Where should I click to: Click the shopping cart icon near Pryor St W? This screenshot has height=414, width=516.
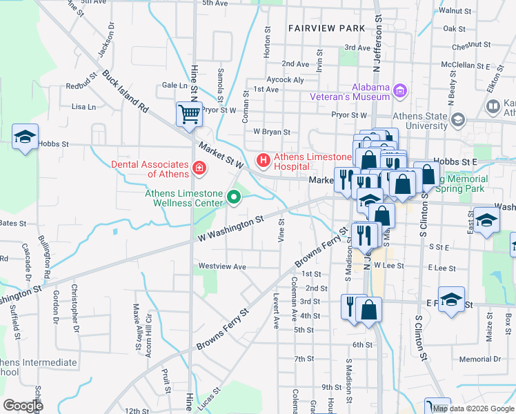[x=189, y=114]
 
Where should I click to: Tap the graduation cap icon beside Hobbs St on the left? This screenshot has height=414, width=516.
[x=25, y=137]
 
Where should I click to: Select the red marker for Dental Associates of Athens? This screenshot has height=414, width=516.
[x=199, y=168]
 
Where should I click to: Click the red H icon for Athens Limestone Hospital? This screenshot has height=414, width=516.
[x=263, y=161]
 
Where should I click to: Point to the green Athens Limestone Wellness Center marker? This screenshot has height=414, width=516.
[x=234, y=199]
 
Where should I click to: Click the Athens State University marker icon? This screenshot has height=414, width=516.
[x=457, y=121]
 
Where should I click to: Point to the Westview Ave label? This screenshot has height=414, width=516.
[x=222, y=266]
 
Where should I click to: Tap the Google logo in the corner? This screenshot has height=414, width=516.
[x=23, y=405]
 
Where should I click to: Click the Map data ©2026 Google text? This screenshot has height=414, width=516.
[x=473, y=408]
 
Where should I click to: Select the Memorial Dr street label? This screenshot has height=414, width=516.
[x=480, y=359]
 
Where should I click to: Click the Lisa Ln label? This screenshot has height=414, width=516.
[x=83, y=107]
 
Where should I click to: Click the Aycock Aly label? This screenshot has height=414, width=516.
[x=285, y=80]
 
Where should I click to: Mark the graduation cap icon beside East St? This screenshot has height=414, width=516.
[x=487, y=221]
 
